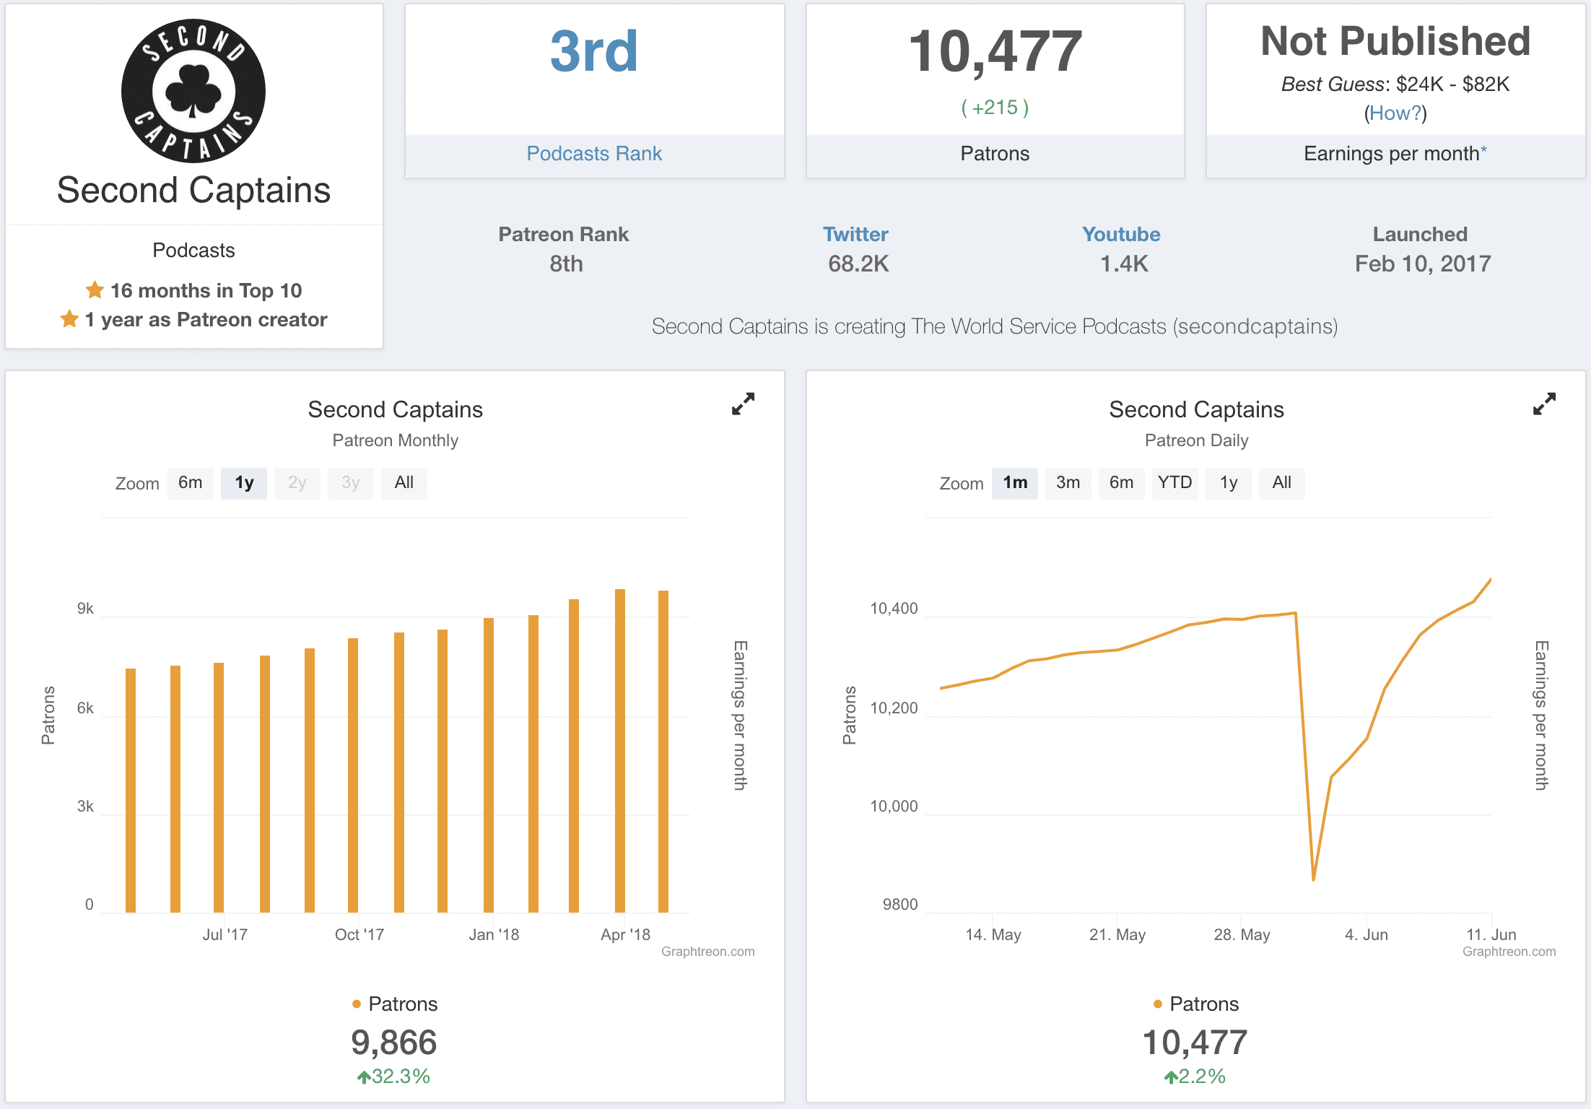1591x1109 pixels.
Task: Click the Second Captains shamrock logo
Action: coord(193,91)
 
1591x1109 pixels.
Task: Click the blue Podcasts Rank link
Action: coord(594,154)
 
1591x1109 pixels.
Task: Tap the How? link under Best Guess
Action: coord(1395,113)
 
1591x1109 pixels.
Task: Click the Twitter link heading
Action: coord(855,235)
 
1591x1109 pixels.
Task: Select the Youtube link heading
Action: coord(1121,235)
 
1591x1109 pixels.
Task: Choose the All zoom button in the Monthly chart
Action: coord(404,483)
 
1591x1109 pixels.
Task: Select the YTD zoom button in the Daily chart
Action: coord(1174,483)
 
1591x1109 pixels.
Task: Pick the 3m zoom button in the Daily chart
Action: coord(1068,483)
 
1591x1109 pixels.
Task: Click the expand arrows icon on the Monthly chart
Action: coord(743,404)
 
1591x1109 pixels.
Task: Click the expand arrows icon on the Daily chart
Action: coord(1544,404)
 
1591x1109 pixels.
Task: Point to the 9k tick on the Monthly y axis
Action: coord(85,609)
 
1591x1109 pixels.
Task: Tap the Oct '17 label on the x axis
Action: coord(359,935)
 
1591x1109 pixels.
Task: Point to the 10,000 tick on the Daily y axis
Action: coord(894,806)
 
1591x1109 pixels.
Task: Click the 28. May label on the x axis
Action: coord(1242,935)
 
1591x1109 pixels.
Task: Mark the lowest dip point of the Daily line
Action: coord(1313,879)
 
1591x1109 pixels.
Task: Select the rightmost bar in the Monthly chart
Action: coord(663,751)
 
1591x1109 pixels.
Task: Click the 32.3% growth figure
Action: coord(401,1077)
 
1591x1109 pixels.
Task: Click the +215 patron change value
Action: coord(995,108)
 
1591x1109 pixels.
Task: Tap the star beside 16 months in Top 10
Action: coord(95,290)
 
